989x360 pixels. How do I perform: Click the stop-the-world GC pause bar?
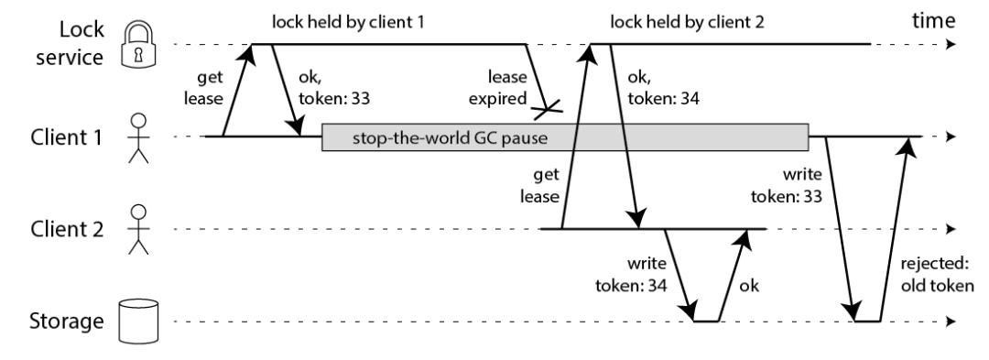(565, 137)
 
